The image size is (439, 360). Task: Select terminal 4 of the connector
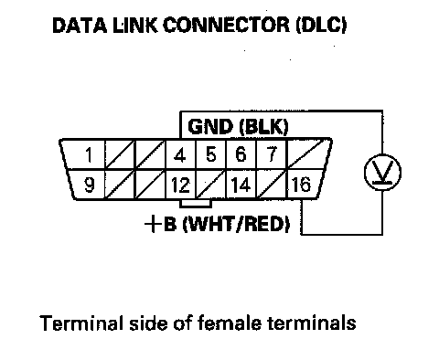pyautogui.click(x=180, y=154)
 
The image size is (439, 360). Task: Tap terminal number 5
pyautogui.click(x=210, y=154)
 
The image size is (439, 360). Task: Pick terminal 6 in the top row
pyautogui.click(x=241, y=154)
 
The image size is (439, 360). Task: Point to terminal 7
pyautogui.click(x=271, y=154)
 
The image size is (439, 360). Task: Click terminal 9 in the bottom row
pyautogui.click(x=88, y=185)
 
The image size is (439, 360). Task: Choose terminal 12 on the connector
pyautogui.click(x=180, y=185)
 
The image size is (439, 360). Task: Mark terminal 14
pyautogui.click(x=241, y=185)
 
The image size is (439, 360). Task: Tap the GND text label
pyautogui.click(x=210, y=127)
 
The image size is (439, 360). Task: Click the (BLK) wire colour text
pyautogui.click(x=263, y=127)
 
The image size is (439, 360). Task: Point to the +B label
pyautogui.click(x=160, y=225)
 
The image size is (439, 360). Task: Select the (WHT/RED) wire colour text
pyautogui.click(x=236, y=225)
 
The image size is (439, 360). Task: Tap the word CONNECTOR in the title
pyautogui.click(x=227, y=25)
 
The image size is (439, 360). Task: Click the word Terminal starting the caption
pyautogui.click(x=81, y=323)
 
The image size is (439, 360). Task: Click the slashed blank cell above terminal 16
pyautogui.click(x=308, y=154)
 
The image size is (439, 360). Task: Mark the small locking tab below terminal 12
pyautogui.click(x=196, y=204)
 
